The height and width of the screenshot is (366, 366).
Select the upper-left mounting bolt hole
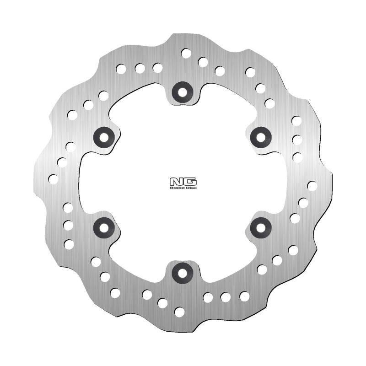point(103,136)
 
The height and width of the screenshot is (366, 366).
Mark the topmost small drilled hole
point(186,53)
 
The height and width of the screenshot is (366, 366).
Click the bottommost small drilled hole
point(180,312)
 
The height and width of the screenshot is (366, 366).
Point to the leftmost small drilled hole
point(54,179)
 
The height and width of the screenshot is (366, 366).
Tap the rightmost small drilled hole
point(312,186)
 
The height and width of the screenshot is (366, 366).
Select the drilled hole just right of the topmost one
point(203,62)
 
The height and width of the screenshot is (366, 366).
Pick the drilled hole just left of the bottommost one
point(162,303)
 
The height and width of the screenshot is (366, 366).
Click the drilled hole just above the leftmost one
point(62,162)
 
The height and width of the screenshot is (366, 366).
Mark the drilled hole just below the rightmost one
point(303,203)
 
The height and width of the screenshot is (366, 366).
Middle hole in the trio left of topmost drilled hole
point(140,69)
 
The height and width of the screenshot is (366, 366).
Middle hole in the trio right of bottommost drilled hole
point(226,297)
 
